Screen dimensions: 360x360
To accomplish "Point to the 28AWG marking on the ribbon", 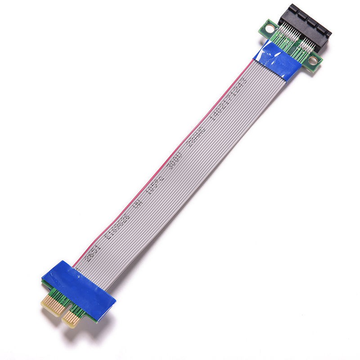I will click(200, 135).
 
